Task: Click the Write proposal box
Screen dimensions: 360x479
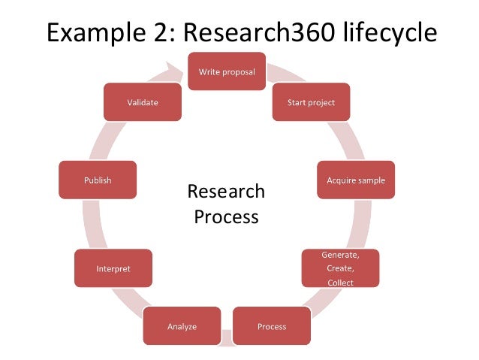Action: [226, 71]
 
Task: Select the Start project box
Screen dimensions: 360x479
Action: [310, 101]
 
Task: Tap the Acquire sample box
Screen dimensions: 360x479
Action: [355, 180]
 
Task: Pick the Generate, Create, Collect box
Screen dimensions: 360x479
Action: [340, 268]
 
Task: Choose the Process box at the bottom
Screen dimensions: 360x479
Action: [272, 327]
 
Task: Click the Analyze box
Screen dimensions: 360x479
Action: [182, 327]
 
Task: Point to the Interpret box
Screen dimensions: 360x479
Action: [113, 268]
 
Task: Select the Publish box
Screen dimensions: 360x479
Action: [98, 180]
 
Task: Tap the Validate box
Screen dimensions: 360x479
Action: [143, 101]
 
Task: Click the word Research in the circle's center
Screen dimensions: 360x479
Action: [226, 191]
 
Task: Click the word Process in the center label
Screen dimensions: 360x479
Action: [226, 217]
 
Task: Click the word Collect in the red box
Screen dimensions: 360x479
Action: [340, 283]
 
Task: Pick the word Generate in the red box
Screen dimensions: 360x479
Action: [339, 255]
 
